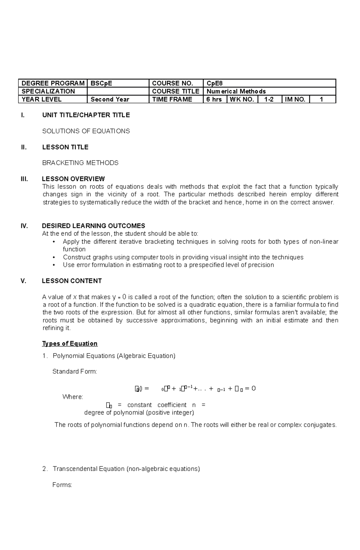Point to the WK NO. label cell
pyautogui.click(x=242, y=100)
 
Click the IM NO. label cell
pyautogui.click(x=295, y=100)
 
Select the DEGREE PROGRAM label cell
pyautogui.click(x=53, y=83)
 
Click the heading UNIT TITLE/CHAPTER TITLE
pyautogui.click(x=86, y=115)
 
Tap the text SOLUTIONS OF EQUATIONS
pyautogui.click(x=86, y=131)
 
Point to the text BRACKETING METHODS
pyautogui.click(x=80, y=163)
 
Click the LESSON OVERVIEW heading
pyautogui.click(x=73, y=179)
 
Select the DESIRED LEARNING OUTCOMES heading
pyautogui.click(x=94, y=226)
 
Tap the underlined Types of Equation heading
pyautogui.click(x=70, y=343)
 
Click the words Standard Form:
pyautogui.click(x=75, y=372)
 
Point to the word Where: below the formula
pyautogui.click(x=73, y=397)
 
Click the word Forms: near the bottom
pyautogui.click(x=62, y=485)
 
